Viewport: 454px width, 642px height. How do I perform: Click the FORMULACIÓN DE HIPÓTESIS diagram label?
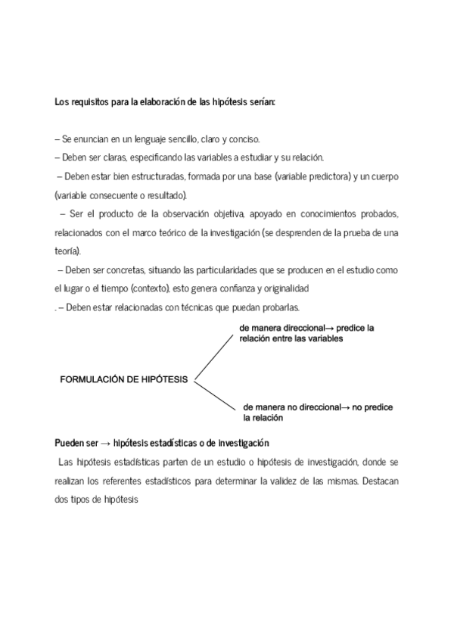[x=123, y=380]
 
